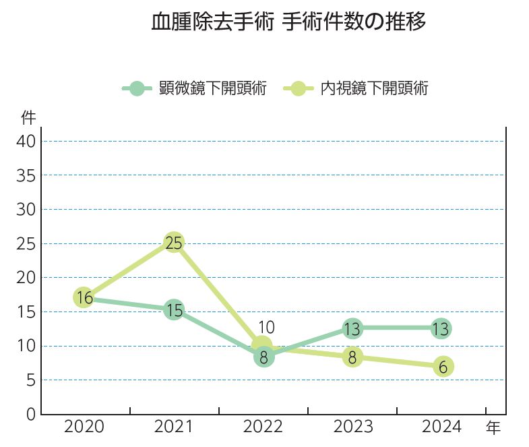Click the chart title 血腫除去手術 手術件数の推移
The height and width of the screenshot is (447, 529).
click(x=289, y=22)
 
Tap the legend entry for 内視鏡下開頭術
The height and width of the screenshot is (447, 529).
click(x=357, y=88)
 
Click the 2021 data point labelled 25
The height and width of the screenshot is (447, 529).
click(x=174, y=243)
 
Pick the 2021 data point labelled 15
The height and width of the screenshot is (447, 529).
click(x=174, y=310)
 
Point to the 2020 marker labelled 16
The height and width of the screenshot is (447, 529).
click(x=84, y=297)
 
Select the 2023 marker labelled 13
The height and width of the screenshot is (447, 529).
click(x=352, y=329)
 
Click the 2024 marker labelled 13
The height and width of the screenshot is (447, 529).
click(x=441, y=329)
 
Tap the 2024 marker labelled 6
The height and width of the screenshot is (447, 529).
click(x=443, y=367)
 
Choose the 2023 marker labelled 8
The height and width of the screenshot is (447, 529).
click(x=352, y=357)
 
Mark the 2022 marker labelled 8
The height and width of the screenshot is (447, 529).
click(x=264, y=357)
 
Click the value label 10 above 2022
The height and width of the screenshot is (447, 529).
click(x=266, y=328)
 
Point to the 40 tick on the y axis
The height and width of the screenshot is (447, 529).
click(x=26, y=142)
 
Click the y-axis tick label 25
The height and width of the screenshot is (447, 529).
click(x=26, y=243)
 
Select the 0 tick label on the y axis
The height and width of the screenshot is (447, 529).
click(x=31, y=415)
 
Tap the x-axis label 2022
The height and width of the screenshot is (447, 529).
click(x=263, y=427)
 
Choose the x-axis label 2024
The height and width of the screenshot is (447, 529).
click(x=441, y=427)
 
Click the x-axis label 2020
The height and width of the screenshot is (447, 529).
click(x=84, y=427)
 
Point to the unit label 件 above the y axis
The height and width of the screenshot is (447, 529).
click(x=28, y=118)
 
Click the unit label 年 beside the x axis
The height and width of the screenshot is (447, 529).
click(x=494, y=427)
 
